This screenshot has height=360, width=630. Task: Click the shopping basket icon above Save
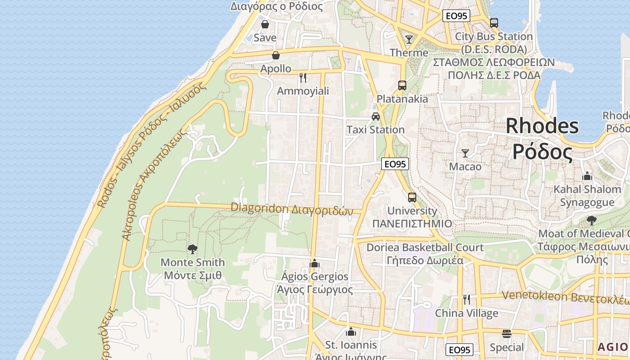(x=265, y=24)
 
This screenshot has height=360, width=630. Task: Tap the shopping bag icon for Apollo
(x=275, y=55)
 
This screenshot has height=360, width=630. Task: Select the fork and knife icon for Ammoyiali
(x=303, y=78)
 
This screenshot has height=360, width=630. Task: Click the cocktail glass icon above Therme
(x=409, y=40)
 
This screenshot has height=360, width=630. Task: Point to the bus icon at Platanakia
(x=402, y=85)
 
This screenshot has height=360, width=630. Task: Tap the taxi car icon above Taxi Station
(x=375, y=117)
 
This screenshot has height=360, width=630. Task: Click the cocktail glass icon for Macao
(x=465, y=153)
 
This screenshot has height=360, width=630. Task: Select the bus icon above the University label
(x=412, y=197)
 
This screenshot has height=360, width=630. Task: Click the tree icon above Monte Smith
(x=193, y=249)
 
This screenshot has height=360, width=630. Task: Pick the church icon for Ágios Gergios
(x=315, y=263)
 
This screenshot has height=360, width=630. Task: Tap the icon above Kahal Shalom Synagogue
(x=587, y=176)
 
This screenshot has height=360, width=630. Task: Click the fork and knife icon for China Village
(x=467, y=299)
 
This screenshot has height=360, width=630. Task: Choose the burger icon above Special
(x=507, y=334)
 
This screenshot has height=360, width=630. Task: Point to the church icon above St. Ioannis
(x=351, y=332)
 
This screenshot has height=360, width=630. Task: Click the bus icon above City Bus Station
(x=494, y=23)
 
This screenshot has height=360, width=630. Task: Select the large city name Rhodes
(x=542, y=126)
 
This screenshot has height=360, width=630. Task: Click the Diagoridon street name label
(x=291, y=209)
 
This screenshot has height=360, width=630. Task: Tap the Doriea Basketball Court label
(x=425, y=247)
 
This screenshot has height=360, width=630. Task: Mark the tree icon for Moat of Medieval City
(x=591, y=220)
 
